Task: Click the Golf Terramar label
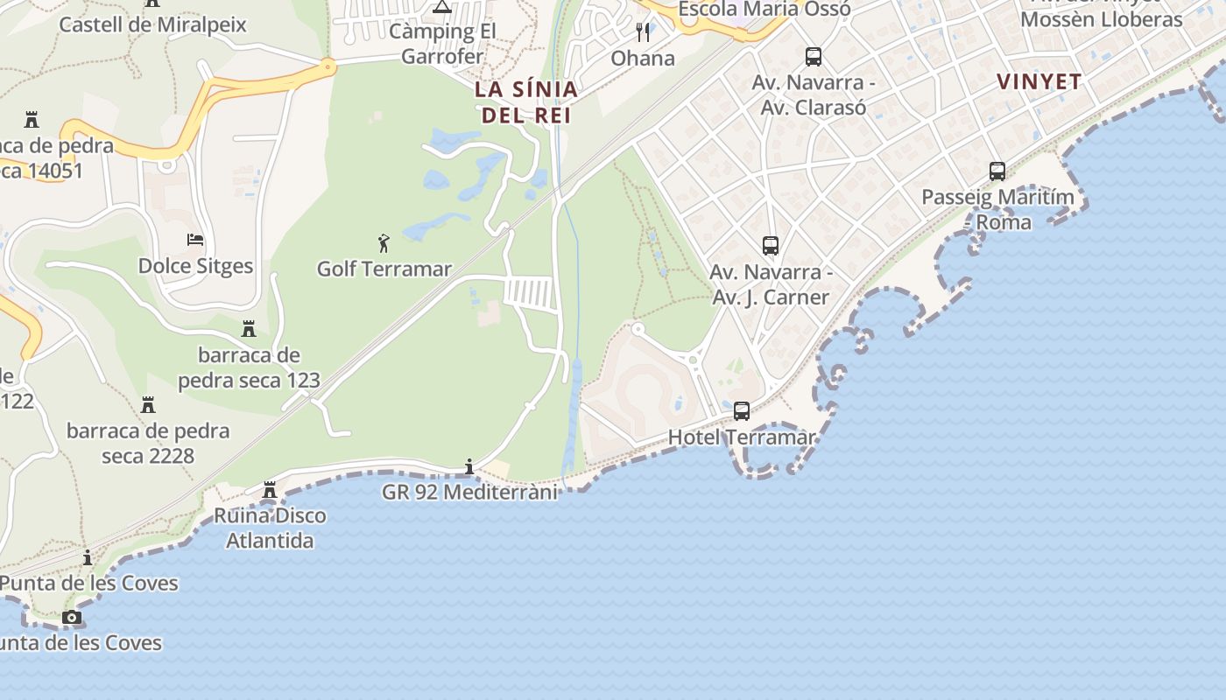coord(384,269)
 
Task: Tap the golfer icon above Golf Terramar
coord(383,243)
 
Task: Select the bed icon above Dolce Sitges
coord(195,240)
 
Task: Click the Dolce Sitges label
coord(195,266)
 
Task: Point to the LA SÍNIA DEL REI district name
coord(526,101)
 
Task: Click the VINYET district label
coord(1039,81)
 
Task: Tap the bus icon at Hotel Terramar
coord(742,410)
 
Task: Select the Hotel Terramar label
coord(742,437)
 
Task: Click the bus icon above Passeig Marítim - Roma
coord(997,171)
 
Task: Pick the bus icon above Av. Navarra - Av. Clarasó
coord(814,57)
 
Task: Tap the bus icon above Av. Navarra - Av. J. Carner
coord(771,246)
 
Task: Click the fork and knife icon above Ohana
coord(643,32)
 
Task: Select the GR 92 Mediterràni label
coord(469,492)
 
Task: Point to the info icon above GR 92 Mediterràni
coord(469,466)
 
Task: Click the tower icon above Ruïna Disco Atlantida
coord(270,490)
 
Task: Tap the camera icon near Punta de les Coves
coord(72,618)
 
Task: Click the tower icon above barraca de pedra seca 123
coord(249,329)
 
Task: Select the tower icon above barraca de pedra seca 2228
coord(148,405)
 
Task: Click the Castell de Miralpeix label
coord(152,24)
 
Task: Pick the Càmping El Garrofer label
coord(442,44)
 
